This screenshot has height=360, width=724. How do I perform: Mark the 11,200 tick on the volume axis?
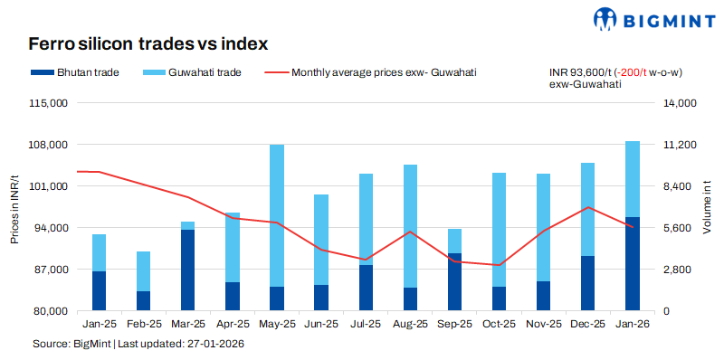click(675, 145)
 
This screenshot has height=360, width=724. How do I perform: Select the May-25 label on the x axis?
click(277, 323)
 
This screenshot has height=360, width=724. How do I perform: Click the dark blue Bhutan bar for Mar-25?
click(187, 270)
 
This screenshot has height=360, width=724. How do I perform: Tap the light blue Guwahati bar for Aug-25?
click(410, 226)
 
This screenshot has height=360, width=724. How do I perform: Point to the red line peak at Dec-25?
click(588, 207)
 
